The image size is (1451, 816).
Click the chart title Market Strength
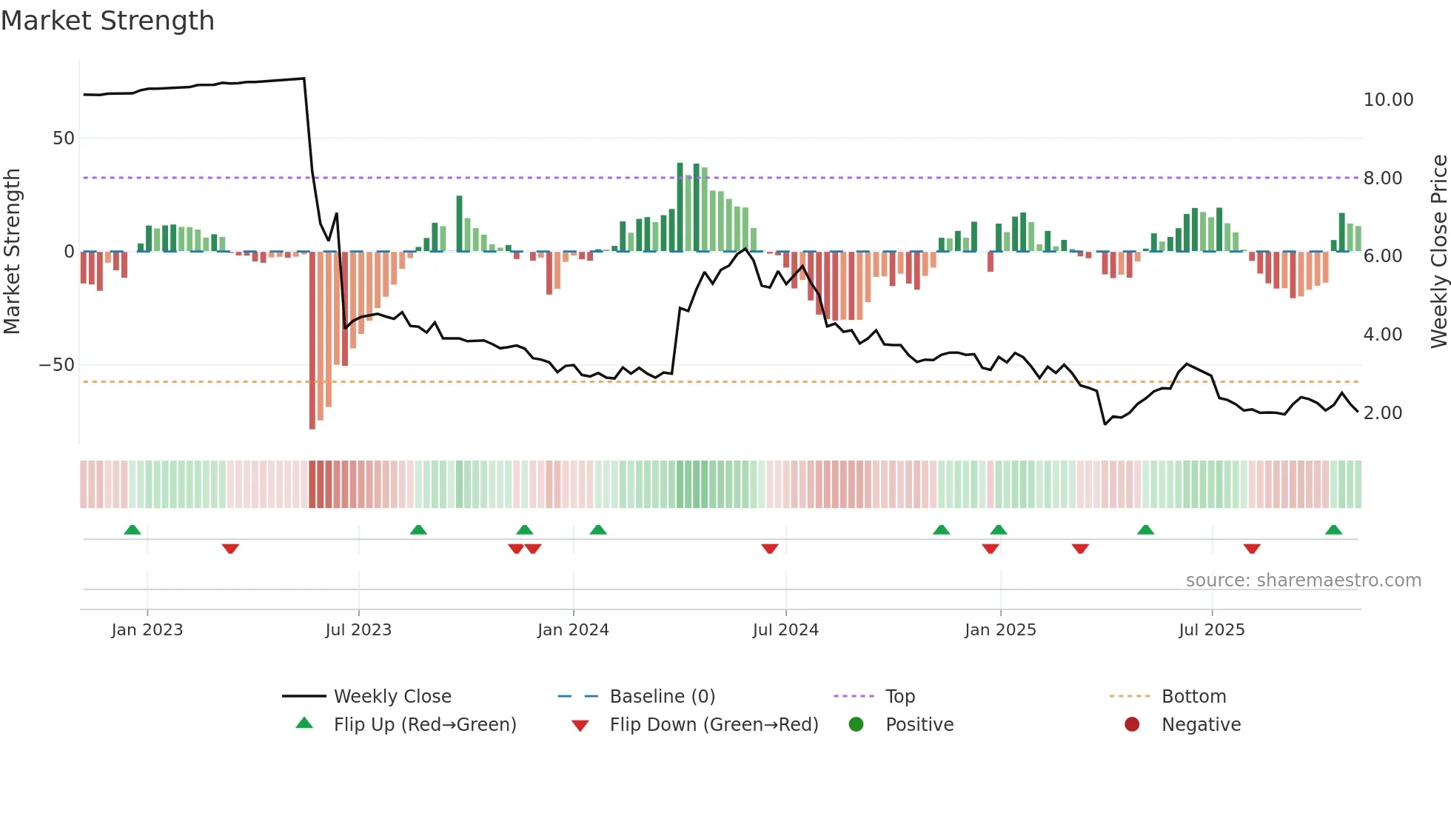[107, 21]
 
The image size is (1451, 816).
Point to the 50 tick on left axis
[64, 138]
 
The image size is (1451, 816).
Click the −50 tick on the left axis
[57, 365]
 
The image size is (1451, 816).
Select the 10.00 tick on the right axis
[1388, 100]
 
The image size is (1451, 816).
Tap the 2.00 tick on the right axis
[1382, 413]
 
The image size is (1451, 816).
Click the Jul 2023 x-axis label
[358, 630]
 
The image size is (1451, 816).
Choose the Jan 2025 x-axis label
[1000, 630]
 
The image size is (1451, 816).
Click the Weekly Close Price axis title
[1438, 251]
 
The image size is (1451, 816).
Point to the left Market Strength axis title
[13, 251]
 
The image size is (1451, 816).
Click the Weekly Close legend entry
[392, 697]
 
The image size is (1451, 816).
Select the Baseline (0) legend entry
[662, 697]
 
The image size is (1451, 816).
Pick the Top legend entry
[900, 697]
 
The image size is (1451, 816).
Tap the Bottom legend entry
[1193, 697]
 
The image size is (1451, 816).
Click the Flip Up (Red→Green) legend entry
[424, 725]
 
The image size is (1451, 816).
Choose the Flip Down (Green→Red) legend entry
[714, 725]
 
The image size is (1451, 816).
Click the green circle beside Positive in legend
[857, 725]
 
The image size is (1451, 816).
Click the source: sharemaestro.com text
[1303, 581]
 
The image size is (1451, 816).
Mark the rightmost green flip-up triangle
[1333, 530]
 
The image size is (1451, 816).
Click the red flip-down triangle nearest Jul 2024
[770, 549]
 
